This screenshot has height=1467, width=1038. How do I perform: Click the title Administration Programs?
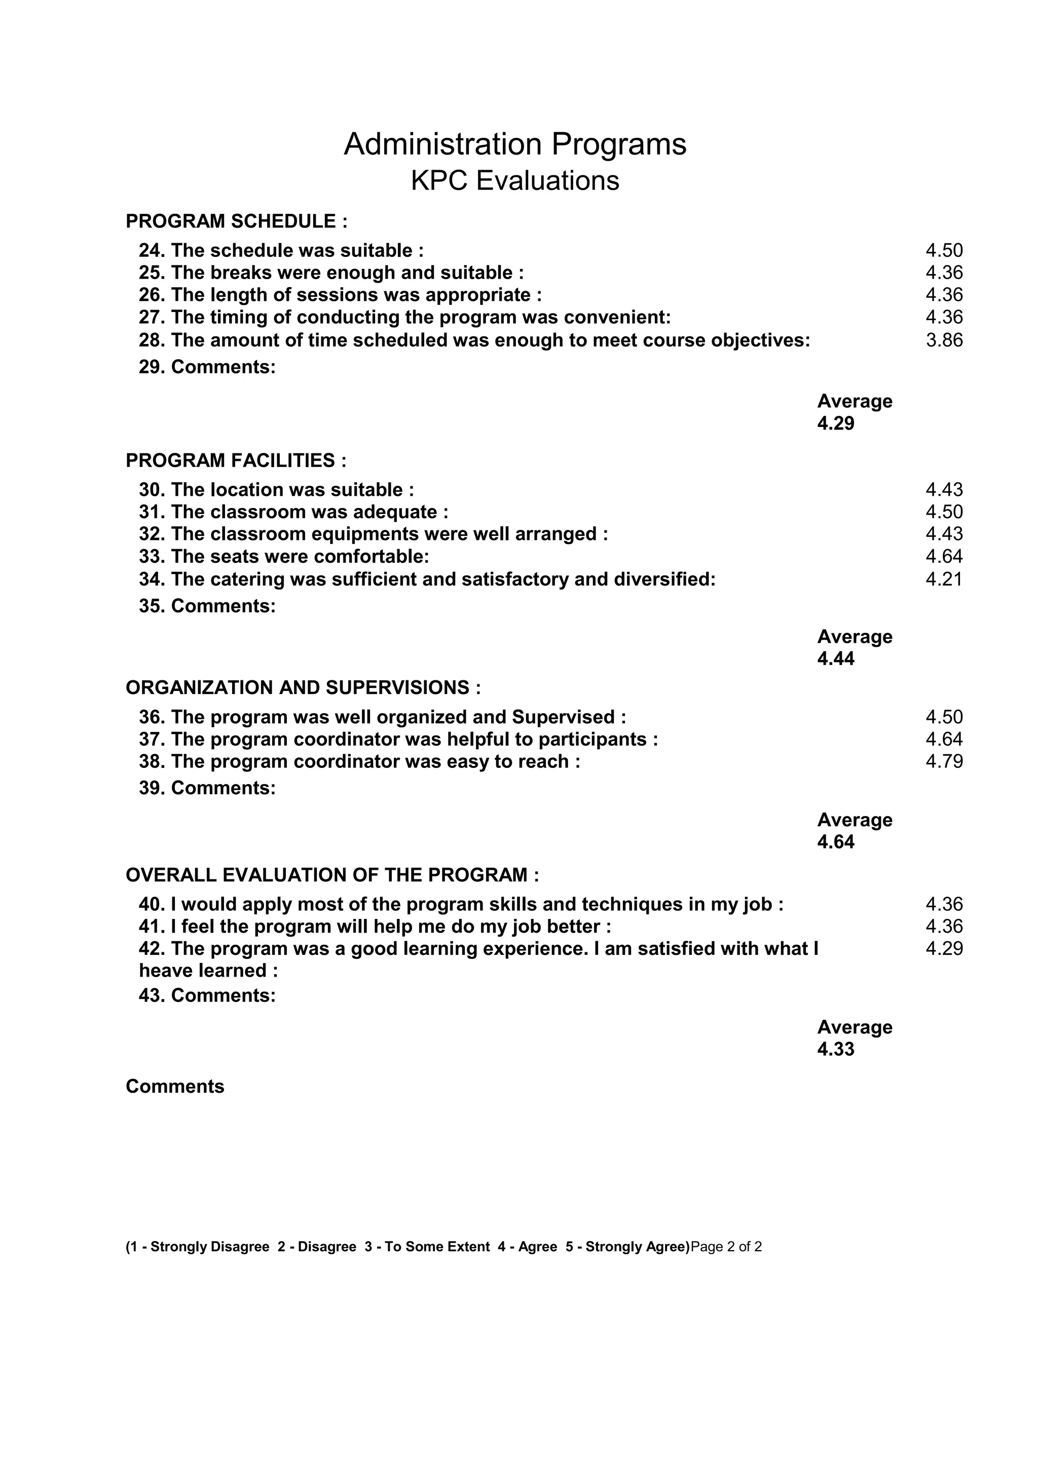(514, 144)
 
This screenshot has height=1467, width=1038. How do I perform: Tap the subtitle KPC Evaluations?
(514, 181)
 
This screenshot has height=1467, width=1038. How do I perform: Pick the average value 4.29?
(835, 423)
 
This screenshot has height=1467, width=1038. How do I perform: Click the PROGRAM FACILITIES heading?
(236, 460)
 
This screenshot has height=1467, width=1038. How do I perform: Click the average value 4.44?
(835, 659)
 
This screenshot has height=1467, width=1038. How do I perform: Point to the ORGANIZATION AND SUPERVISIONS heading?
(303, 687)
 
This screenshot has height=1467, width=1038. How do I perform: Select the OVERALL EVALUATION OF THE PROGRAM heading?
(332, 875)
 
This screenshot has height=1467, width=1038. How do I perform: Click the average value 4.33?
(835, 1049)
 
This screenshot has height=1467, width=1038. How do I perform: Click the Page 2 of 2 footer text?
(726, 1247)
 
